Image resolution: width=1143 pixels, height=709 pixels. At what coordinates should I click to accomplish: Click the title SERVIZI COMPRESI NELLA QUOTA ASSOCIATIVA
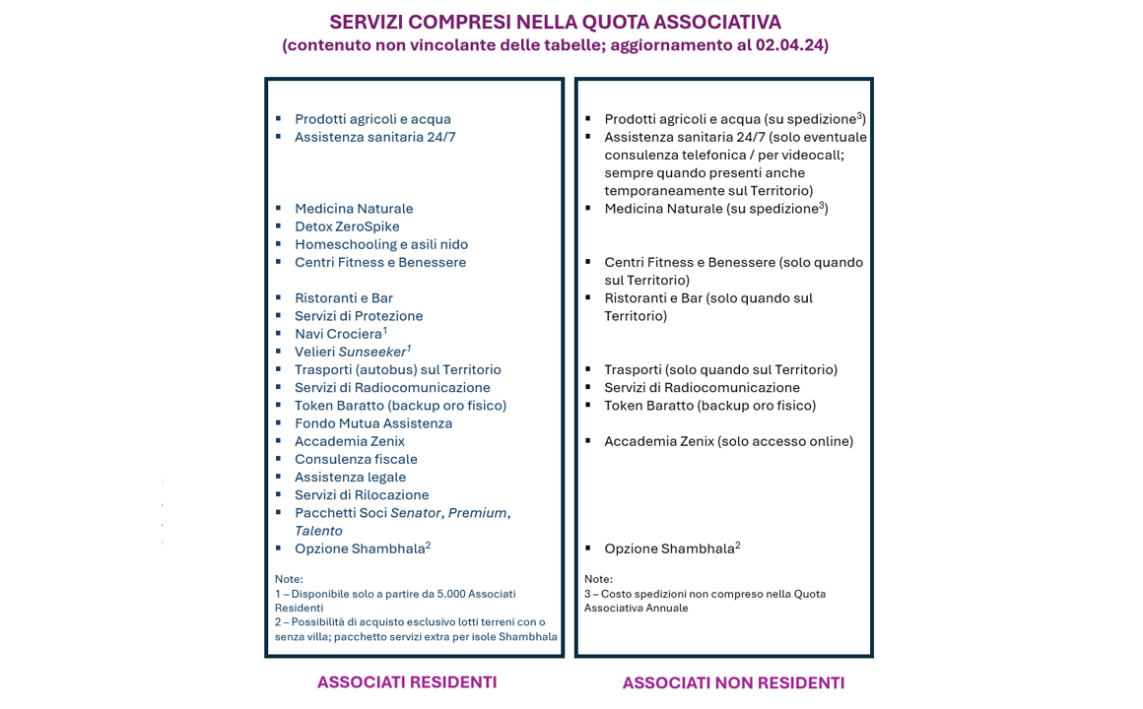pyautogui.click(x=555, y=22)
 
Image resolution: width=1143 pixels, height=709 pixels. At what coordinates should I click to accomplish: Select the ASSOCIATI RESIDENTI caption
pyautogui.click(x=407, y=682)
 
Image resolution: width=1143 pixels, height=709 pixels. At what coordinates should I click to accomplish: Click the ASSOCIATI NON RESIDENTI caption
pyautogui.click(x=733, y=683)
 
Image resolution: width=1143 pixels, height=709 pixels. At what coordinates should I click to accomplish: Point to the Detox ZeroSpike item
pyautogui.click(x=347, y=226)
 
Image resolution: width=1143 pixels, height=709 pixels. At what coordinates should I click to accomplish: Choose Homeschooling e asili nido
pyautogui.click(x=381, y=244)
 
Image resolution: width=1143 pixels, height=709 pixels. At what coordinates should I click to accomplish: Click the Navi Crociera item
pyautogui.click(x=338, y=334)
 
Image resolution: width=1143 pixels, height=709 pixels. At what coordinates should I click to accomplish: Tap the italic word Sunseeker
pyautogui.click(x=371, y=352)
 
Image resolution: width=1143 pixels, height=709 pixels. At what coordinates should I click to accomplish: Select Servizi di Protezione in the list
pyautogui.click(x=359, y=316)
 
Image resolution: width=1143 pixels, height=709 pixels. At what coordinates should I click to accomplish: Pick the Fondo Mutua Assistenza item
pyautogui.click(x=373, y=423)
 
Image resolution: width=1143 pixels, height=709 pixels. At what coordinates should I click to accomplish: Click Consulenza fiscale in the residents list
pyautogui.click(x=356, y=459)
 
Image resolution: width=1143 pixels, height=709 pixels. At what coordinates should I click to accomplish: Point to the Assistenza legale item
pyautogui.click(x=350, y=477)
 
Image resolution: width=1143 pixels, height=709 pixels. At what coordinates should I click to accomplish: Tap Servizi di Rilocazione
pyautogui.click(x=362, y=494)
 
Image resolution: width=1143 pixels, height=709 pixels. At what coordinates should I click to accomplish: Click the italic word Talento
pyautogui.click(x=318, y=531)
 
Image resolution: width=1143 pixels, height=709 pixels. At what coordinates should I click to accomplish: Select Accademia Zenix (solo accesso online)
pyautogui.click(x=728, y=441)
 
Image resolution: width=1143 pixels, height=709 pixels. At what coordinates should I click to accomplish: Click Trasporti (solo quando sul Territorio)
pyautogui.click(x=720, y=369)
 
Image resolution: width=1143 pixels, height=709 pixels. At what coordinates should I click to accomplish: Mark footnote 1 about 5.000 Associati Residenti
pyautogui.click(x=395, y=601)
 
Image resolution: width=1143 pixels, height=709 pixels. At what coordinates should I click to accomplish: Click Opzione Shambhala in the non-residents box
pyautogui.click(x=669, y=548)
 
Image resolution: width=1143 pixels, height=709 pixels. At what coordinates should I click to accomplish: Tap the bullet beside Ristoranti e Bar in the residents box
pyautogui.click(x=279, y=297)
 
